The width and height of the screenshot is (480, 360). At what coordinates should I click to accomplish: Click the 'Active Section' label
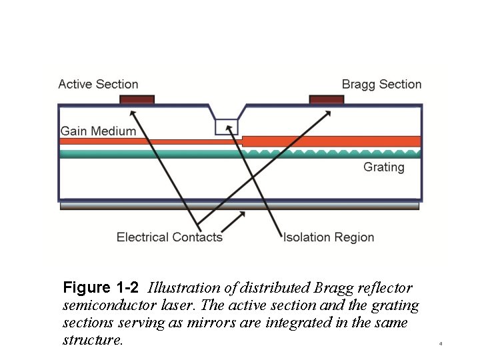tap(98, 84)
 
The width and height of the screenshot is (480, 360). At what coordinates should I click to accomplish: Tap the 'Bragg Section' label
tap(381, 84)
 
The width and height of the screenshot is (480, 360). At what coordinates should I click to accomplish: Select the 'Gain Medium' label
tap(98, 131)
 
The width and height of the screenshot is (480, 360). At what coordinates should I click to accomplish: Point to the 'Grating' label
tap(383, 167)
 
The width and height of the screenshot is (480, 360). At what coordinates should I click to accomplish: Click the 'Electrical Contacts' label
tap(169, 237)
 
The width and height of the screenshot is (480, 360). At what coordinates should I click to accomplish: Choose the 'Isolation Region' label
tap(329, 237)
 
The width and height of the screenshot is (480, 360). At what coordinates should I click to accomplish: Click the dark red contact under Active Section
tap(137, 100)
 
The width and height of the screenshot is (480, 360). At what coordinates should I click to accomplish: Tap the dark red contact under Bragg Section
tap(327, 100)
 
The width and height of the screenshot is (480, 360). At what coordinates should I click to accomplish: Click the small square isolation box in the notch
tap(225, 126)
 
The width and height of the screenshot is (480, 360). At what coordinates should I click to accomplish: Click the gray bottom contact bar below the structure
tap(239, 206)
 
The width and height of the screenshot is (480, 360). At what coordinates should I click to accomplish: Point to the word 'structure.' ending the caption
tap(93, 340)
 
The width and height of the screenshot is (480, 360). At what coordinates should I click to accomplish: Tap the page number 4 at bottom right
tap(441, 344)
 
